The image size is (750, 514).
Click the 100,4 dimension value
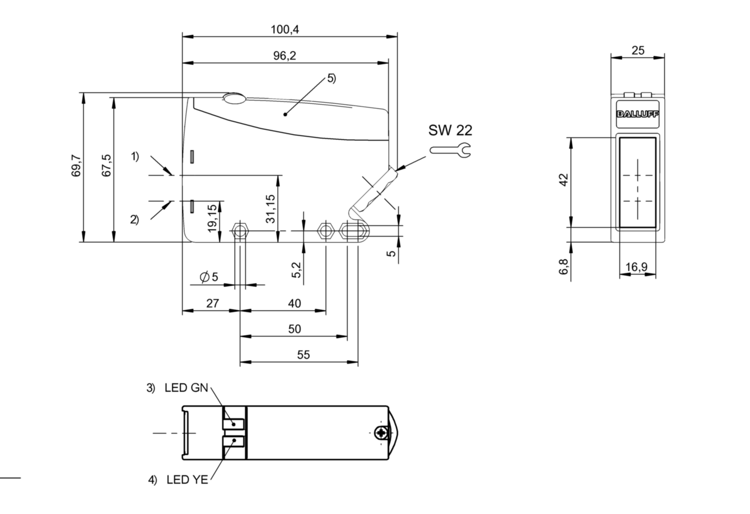point(285,30)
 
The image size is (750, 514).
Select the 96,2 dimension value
point(285,56)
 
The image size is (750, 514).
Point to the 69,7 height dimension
point(76,165)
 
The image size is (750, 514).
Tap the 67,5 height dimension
point(107,165)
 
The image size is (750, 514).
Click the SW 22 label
point(450,130)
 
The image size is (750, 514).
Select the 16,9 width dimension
point(636,267)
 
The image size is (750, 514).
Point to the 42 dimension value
point(564,180)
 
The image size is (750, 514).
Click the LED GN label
point(186,388)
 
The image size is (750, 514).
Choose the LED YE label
point(187,480)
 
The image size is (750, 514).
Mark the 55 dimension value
point(303,355)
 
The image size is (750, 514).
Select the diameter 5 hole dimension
point(209,277)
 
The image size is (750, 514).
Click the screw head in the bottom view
point(382,433)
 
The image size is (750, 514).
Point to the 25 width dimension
point(638,51)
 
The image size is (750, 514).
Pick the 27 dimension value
point(212,303)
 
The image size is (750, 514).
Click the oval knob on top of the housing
point(234,98)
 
